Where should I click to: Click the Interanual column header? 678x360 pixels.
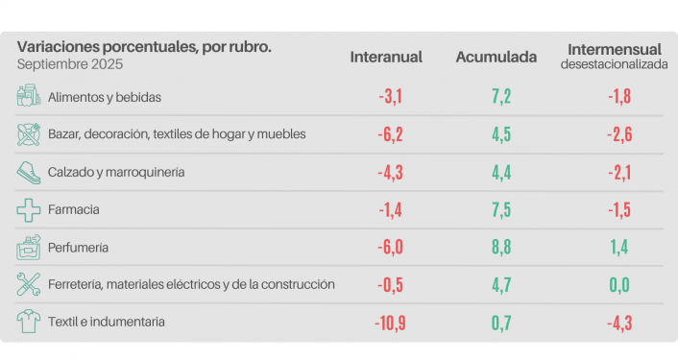coord(386,57)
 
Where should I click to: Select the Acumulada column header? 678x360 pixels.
coord(496,57)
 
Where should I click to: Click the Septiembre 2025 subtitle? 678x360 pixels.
coord(70,64)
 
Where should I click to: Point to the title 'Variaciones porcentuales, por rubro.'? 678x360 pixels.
coord(144,46)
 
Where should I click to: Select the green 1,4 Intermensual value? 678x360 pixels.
coord(619,247)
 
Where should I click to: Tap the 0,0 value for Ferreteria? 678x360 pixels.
coord(619,285)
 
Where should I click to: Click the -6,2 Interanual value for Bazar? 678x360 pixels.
coord(390,134)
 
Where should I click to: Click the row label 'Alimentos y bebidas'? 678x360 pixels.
coord(105,97)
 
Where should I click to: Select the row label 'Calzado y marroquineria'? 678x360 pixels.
coord(116,172)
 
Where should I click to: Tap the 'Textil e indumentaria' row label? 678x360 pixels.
coord(107,322)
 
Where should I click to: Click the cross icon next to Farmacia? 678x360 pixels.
coord(28,209)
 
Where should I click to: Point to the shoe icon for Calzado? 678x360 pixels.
coord(28,172)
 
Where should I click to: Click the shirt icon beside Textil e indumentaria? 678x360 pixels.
coord(28,322)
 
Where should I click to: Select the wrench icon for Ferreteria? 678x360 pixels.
coord(28,284)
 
